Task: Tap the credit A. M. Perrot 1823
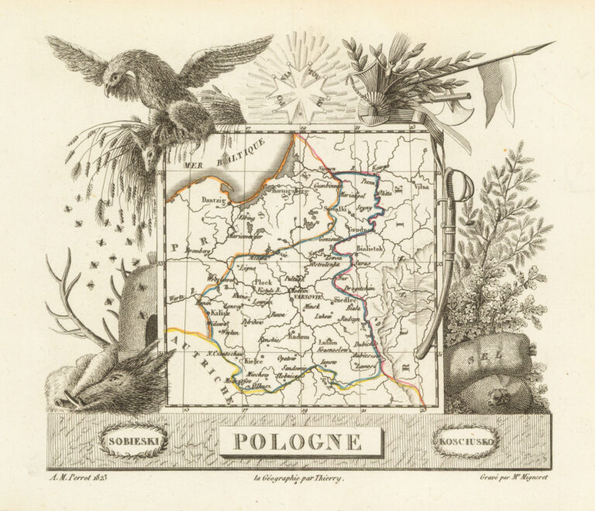77,478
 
